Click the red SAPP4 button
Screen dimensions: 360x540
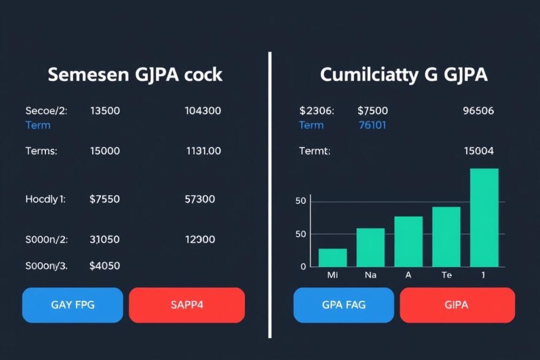click(x=187, y=305)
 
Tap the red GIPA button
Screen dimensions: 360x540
click(x=457, y=305)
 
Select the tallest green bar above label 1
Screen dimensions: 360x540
click(x=484, y=218)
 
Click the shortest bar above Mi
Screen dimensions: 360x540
click(x=333, y=258)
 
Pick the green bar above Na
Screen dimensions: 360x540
click(x=370, y=247)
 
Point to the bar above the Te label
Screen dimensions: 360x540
click(x=446, y=237)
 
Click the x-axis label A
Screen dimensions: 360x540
click(x=408, y=275)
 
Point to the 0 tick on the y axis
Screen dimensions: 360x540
click(x=303, y=267)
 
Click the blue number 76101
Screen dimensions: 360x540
click(x=372, y=125)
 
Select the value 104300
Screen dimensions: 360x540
click(x=203, y=111)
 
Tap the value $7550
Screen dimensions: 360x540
click(x=104, y=199)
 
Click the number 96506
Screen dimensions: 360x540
click(x=478, y=111)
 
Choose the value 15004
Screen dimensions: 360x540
click(x=478, y=151)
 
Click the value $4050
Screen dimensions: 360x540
click(x=104, y=266)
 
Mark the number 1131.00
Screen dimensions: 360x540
click(x=204, y=151)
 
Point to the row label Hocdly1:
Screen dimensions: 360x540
click(x=45, y=199)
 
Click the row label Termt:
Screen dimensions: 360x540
click(x=314, y=151)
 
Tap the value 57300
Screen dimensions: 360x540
click(x=200, y=199)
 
